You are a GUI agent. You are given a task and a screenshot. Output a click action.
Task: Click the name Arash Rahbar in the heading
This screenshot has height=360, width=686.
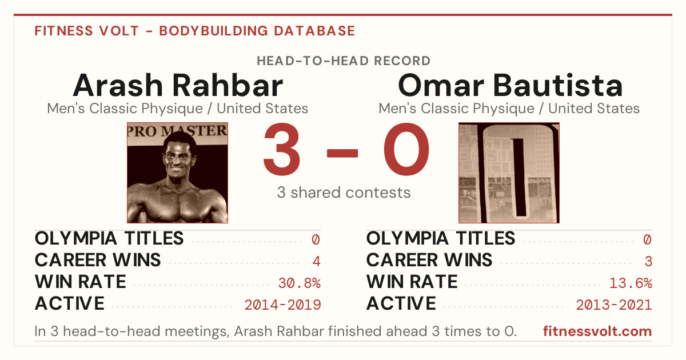coord(178,85)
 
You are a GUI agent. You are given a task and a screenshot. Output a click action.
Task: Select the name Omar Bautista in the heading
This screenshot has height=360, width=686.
coord(510,85)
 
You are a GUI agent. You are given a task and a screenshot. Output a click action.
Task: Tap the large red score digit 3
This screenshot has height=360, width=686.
coord(282,149)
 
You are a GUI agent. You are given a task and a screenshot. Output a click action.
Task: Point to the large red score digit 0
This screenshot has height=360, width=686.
coord(406,149)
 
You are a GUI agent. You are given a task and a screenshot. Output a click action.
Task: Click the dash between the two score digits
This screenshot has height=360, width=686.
coord(342,153)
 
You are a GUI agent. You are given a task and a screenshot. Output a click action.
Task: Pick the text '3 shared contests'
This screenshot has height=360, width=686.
coord(344,193)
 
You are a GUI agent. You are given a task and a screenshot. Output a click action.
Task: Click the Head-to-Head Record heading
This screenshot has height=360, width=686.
coord(344,61)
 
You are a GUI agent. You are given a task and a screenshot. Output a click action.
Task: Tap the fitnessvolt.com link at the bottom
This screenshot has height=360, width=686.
coord(597,331)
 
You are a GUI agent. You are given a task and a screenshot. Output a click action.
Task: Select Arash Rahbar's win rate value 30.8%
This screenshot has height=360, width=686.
coord(299,283)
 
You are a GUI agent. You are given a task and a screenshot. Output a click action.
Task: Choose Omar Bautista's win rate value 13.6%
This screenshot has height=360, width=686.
coord(631,283)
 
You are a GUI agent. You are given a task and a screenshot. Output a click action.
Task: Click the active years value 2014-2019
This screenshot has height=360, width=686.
coord(282,305)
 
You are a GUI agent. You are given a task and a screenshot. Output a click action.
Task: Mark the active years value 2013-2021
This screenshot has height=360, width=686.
coord(614,305)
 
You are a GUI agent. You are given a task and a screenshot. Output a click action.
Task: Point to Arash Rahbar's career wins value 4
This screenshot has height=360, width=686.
coord(316,261)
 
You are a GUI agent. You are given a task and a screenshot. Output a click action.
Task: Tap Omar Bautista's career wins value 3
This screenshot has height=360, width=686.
coord(648,261)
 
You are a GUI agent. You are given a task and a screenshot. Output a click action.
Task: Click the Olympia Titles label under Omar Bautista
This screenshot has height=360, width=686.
coord(441,238)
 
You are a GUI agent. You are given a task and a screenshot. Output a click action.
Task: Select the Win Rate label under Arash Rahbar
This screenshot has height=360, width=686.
coord(81,282)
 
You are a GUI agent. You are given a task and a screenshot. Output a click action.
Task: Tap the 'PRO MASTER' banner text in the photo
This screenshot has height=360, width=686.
coord(177,131)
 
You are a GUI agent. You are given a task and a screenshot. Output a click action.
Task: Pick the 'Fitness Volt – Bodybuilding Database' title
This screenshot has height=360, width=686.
coord(195,31)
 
